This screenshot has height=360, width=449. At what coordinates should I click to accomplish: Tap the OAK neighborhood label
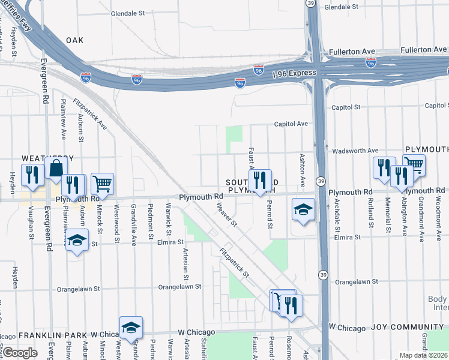(x=74, y=40)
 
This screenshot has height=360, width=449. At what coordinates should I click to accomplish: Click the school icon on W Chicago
(x=131, y=327)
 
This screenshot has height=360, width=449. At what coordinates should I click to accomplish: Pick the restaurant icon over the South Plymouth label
(x=260, y=179)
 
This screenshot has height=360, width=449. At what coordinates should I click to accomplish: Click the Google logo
(x=20, y=353)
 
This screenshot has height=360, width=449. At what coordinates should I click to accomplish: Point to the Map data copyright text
(x=423, y=355)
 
